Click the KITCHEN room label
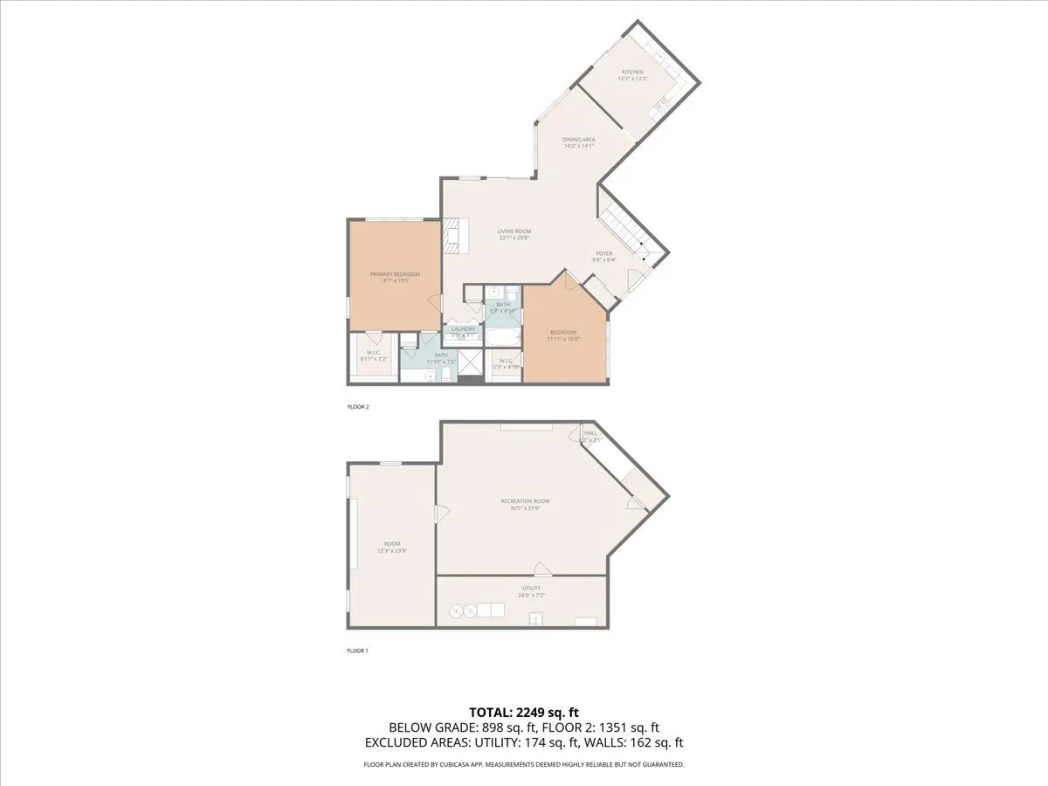(x=632, y=72)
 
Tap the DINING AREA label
(x=578, y=140)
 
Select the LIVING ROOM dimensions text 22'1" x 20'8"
(x=515, y=238)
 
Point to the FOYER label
(x=604, y=253)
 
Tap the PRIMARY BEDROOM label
(x=395, y=274)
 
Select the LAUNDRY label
(x=463, y=329)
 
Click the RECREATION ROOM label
(x=524, y=501)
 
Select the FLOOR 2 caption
(x=358, y=406)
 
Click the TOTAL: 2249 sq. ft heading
(x=524, y=712)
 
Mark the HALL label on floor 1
(x=590, y=433)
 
